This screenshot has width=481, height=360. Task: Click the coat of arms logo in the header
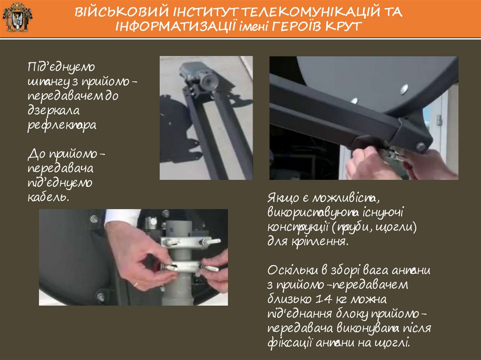click(x=17, y=17)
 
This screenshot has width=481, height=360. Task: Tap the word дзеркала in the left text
click(x=54, y=110)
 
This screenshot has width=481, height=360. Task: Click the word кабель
click(x=48, y=197)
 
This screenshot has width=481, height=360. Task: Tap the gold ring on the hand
click(x=135, y=284)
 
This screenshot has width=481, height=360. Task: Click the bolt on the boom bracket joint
click(x=420, y=146)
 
